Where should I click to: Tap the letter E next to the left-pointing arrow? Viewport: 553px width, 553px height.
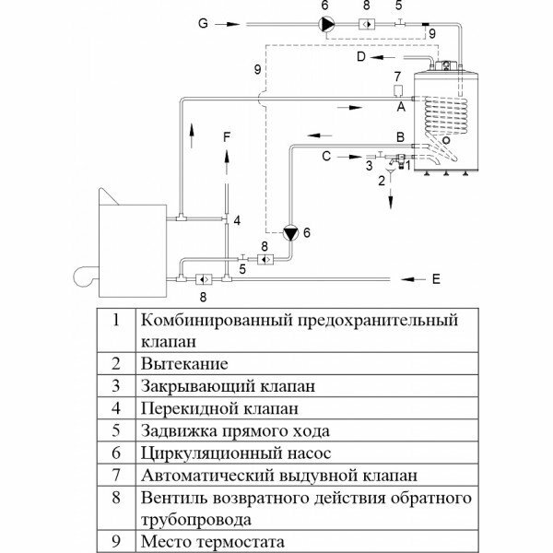point(436,276)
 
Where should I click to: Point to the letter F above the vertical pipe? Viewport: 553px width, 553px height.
point(228,135)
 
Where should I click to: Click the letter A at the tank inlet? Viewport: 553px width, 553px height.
point(400,107)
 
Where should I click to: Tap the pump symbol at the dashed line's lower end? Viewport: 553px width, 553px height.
point(292,234)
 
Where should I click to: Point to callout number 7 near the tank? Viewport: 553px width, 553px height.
point(397,75)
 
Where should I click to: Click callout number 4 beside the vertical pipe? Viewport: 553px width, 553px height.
point(237,221)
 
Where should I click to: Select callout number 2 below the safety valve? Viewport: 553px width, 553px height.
point(381,182)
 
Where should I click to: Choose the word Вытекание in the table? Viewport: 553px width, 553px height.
point(184,363)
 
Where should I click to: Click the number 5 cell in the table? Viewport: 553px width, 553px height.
point(116,431)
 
